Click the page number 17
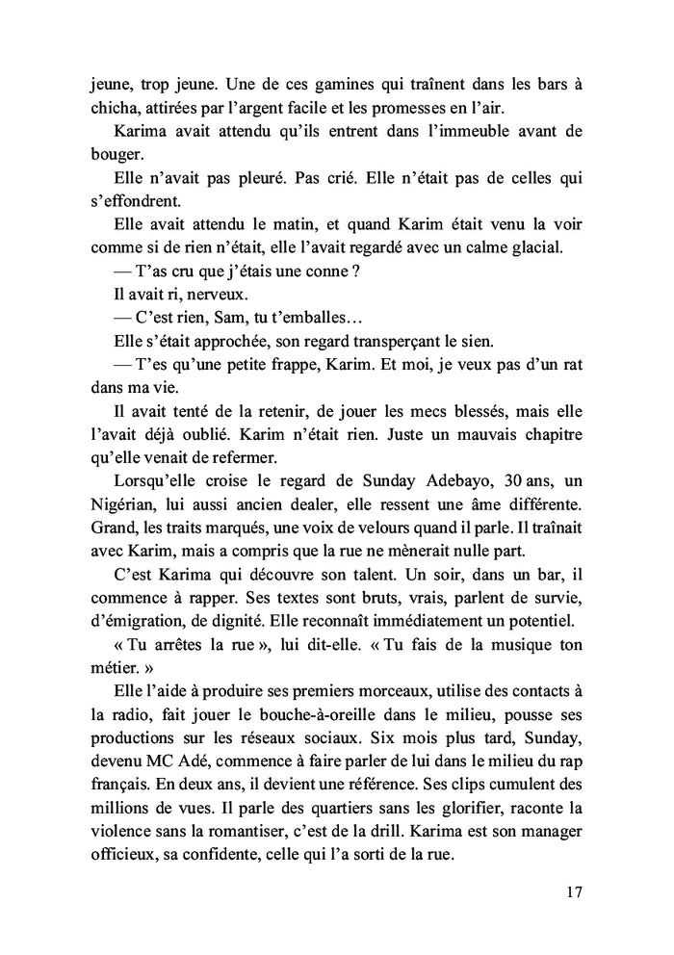pyautogui.click(x=575, y=891)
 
